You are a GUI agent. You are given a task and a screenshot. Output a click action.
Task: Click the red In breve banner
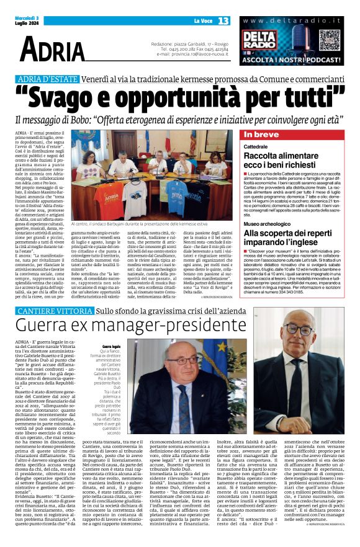pyautogui.click(x=298, y=135)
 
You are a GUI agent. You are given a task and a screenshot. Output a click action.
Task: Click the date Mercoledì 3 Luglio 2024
pyautogui.click(x=25, y=21)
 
